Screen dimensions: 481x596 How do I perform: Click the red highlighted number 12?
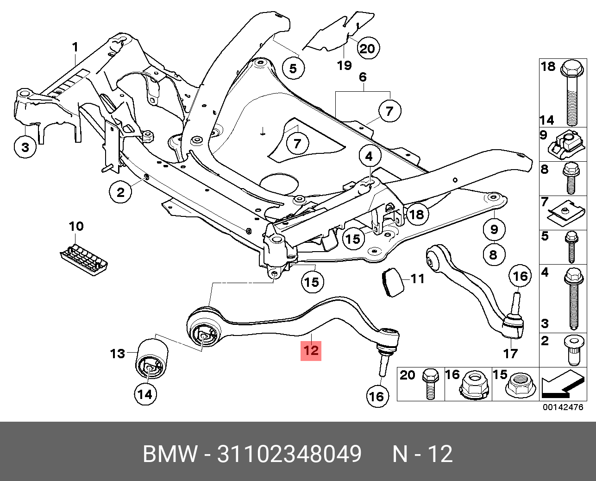click(x=311, y=350)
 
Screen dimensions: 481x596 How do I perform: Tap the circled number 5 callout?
click(x=293, y=69)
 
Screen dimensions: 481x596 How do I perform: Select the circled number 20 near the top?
click(x=367, y=48)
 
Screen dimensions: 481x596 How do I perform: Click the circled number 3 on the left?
click(x=25, y=147)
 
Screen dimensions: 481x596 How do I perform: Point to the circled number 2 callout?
click(x=120, y=191)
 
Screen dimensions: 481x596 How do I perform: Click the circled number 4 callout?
click(x=369, y=156)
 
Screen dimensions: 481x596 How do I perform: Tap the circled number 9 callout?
click(x=494, y=229)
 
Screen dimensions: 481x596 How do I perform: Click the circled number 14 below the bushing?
click(x=145, y=394)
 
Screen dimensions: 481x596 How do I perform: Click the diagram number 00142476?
click(x=563, y=408)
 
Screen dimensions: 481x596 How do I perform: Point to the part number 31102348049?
click(x=289, y=454)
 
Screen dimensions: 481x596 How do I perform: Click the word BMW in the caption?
click(x=170, y=454)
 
